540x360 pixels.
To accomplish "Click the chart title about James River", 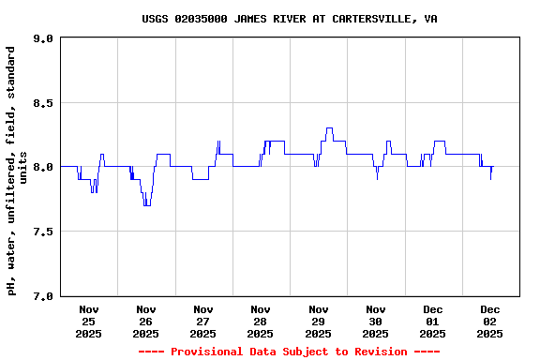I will pyautogui.click(x=289, y=19).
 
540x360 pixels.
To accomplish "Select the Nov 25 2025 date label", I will pyautogui.click(x=89, y=321).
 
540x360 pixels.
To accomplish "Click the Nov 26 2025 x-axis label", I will pyautogui.click(x=146, y=321).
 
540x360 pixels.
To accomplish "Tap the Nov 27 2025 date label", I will pyautogui.click(x=203, y=321).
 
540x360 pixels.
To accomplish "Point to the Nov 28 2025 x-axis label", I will pyautogui.click(x=261, y=321).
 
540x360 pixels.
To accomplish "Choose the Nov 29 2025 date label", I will pyautogui.click(x=318, y=321).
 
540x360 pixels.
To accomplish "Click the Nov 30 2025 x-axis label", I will pyautogui.click(x=375, y=321).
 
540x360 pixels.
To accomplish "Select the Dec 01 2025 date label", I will pyautogui.click(x=432, y=321).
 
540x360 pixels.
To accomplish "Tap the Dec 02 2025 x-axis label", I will pyautogui.click(x=489, y=321).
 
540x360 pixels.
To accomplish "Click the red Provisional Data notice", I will pyautogui.click(x=289, y=352).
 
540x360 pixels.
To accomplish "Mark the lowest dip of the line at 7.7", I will pyautogui.click(x=146, y=205).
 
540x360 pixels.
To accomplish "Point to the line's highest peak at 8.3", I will pyautogui.click(x=329, y=128).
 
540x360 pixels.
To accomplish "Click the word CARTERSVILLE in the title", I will pyautogui.click(x=369, y=19).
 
